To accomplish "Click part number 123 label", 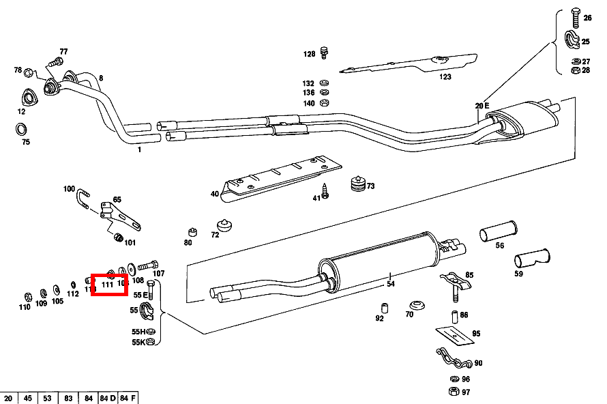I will [x=445, y=77].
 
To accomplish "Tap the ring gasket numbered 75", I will [x=21, y=128].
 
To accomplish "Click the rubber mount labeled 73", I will [x=357, y=185].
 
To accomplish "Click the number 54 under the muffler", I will [x=391, y=283].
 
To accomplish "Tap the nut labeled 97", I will [x=454, y=391].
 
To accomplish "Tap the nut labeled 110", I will [x=28, y=295].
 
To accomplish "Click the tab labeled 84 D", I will [x=107, y=398].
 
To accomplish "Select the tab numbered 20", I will [x=9, y=398].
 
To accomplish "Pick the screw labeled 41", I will [x=325, y=194].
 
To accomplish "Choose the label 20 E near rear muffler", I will [x=482, y=106].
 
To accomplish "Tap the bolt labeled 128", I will [x=325, y=51].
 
